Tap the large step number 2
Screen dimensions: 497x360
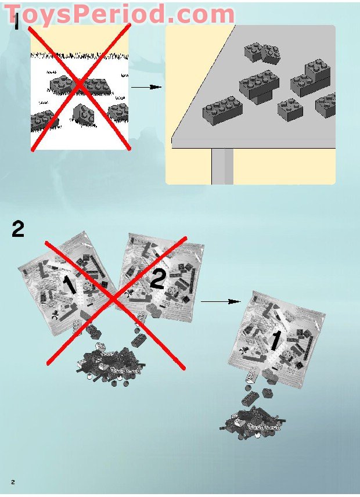click(x=18, y=229)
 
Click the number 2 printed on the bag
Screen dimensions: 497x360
click(x=157, y=281)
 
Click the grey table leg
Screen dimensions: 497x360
click(x=222, y=166)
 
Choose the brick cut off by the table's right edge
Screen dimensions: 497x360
click(x=327, y=105)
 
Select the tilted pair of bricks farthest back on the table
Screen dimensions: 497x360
click(x=262, y=52)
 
